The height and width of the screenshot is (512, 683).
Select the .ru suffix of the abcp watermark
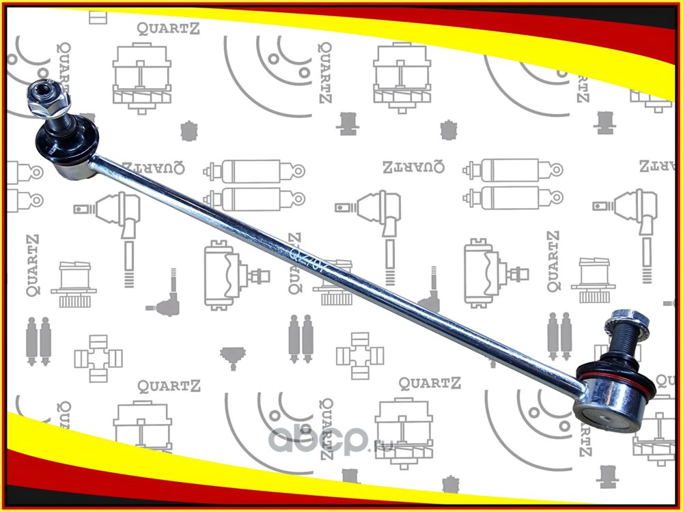380,447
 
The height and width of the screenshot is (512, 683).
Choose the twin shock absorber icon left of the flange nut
559,334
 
